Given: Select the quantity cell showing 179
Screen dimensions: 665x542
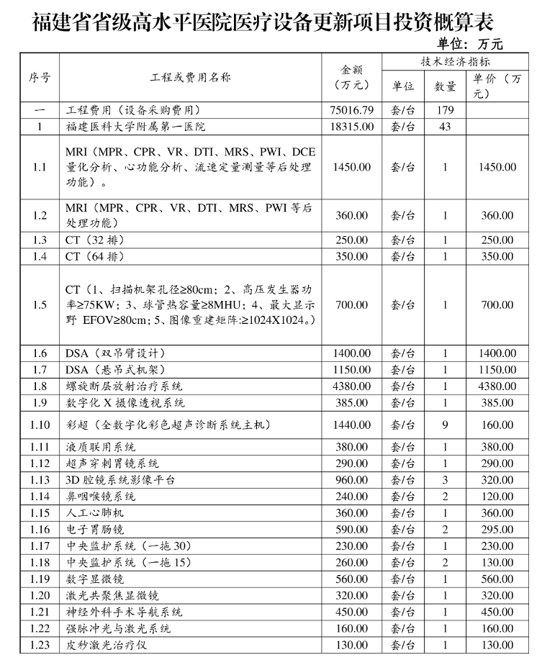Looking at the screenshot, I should pyautogui.click(x=445, y=111).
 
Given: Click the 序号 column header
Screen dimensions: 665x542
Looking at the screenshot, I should pyautogui.click(x=40, y=78).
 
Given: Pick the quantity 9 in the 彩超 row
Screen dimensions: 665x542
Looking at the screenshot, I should pyautogui.click(x=445, y=425).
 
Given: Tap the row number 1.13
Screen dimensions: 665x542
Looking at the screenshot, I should pyautogui.click(x=40, y=479).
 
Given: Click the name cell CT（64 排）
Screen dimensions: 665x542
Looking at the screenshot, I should pyautogui.click(x=95, y=256).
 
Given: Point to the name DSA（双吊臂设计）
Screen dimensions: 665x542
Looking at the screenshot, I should pyautogui.click(x=116, y=353).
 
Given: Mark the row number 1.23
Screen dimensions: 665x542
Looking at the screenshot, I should pyautogui.click(x=40, y=645).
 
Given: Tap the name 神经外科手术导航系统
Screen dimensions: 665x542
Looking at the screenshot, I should pyautogui.click(x=125, y=612).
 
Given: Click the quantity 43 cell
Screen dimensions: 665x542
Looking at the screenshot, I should pyautogui.click(x=445, y=127).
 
